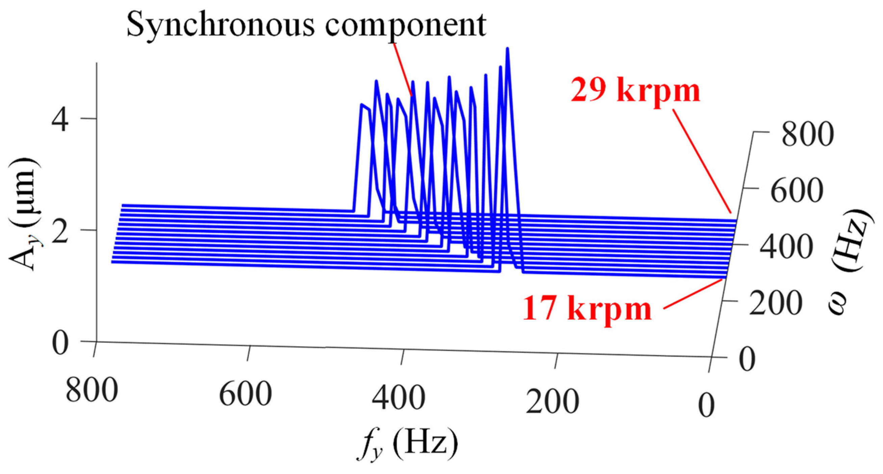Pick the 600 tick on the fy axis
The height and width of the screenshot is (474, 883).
coord(246,395)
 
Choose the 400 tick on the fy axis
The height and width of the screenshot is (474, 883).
coord(399,398)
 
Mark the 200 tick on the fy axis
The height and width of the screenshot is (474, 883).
coord(552,402)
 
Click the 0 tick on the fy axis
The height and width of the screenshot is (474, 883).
coord(706,405)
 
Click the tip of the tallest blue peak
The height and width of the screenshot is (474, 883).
coord(507,48)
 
